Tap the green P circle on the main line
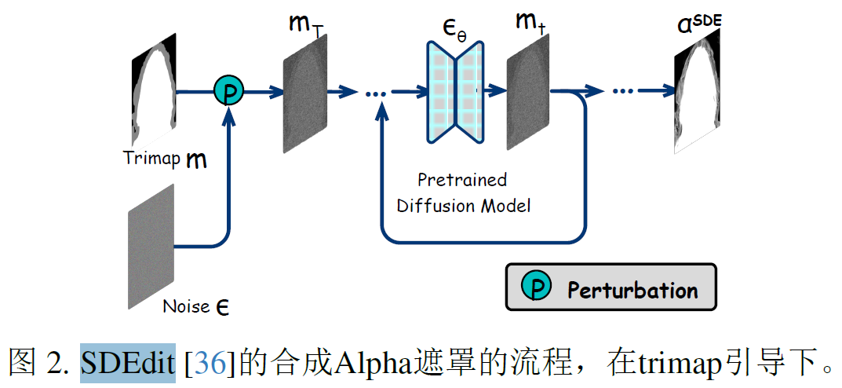click(229, 93)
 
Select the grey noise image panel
click(151, 246)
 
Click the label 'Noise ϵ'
click(195, 306)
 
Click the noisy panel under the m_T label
click(304, 93)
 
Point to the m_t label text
click(530, 24)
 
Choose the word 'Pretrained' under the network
click(461, 180)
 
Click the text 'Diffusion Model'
click(464, 206)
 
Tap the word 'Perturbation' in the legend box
click(632, 290)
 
